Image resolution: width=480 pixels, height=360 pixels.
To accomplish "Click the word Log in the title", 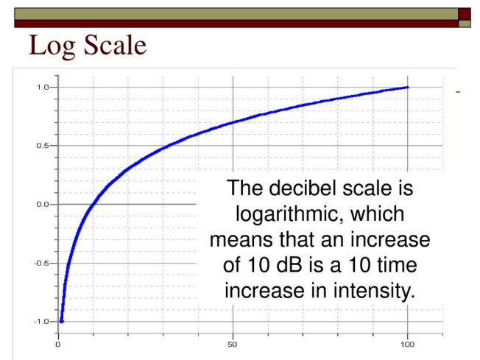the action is coord(52,46).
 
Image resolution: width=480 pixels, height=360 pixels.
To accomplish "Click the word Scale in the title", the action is coord(115,45).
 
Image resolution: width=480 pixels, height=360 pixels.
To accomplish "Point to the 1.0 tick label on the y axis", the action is coord(43,88).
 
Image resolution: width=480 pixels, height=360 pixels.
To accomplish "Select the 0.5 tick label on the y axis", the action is coord(43,146).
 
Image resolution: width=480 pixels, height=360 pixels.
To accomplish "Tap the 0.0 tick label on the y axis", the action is coord(43,204).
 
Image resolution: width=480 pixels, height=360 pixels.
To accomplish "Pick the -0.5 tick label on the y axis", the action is coord(42,263).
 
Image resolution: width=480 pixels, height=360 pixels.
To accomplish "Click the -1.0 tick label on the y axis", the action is coord(42,322).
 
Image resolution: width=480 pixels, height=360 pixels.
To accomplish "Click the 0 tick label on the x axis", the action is coord(58,345).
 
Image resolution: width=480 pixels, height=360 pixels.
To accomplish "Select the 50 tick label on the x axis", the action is coord(233,345).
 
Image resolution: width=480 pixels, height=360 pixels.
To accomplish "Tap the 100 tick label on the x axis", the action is coord(407,345).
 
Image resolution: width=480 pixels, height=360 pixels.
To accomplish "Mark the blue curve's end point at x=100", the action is coord(407,88).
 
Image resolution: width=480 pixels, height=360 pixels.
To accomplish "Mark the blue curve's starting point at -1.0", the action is coord(61,322).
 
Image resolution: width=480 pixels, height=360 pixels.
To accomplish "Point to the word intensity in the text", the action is coord(374,291).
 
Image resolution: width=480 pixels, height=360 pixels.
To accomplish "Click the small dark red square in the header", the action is coord(465,14).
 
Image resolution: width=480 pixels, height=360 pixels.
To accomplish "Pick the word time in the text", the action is coord(397,265).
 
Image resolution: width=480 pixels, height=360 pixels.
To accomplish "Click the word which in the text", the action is coord(378,213).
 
